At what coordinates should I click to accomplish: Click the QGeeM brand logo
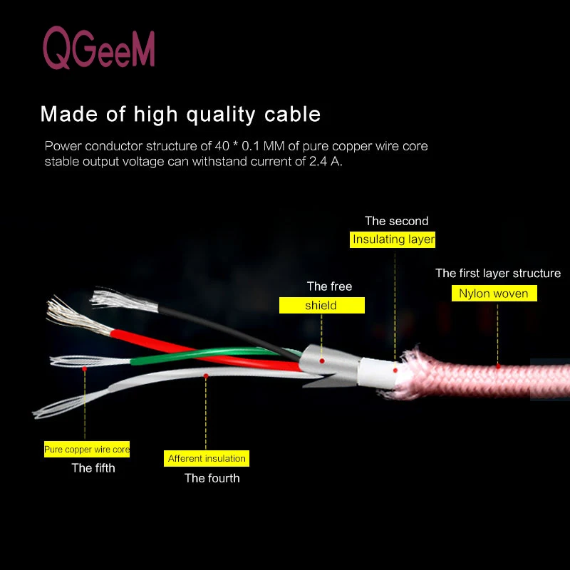coord(98,48)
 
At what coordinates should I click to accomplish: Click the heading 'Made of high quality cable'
coord(180,114)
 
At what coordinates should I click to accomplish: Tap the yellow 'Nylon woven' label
coord(494,293)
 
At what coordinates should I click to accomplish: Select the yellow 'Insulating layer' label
coord(393,239)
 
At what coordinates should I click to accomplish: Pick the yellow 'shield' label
coord(321,305)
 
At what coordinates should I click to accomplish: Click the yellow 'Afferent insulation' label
coord(207,458)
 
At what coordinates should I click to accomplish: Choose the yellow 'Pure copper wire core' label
coord(87,450)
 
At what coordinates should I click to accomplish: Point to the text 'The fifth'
coord(93,468)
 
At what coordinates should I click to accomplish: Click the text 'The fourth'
coord(212,478)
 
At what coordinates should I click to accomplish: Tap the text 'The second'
coord(396,221)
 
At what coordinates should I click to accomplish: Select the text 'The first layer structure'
coord(497,273)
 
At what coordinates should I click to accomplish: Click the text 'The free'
coord(329,286)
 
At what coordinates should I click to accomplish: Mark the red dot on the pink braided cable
coord(498,366)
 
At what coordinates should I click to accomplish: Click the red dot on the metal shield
coord(322,361)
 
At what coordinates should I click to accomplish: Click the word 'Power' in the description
coord(61,146)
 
